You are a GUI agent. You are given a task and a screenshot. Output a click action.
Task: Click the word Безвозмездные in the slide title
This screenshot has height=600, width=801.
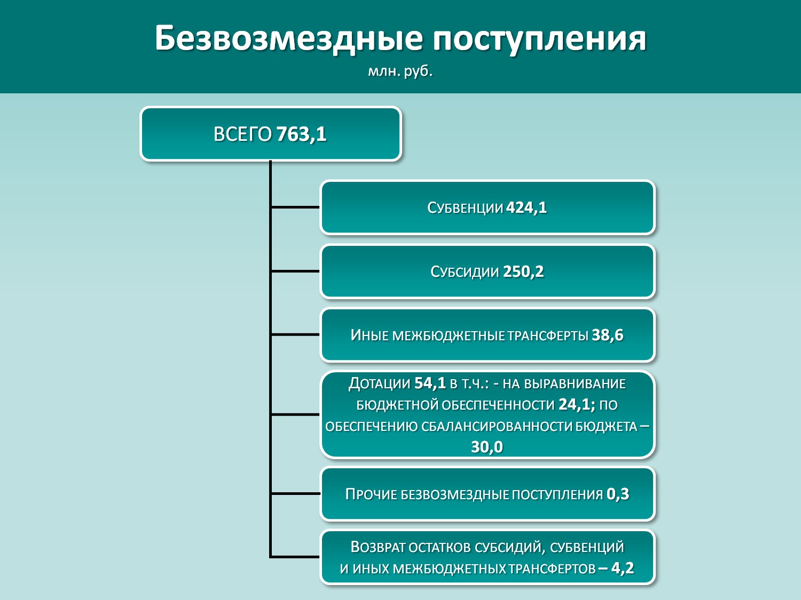289,39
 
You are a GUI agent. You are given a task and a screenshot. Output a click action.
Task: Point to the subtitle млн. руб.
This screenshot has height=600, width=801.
400,71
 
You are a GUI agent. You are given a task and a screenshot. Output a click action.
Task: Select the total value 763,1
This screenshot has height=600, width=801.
301,134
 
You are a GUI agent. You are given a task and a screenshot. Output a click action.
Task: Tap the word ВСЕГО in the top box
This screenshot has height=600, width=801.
242,134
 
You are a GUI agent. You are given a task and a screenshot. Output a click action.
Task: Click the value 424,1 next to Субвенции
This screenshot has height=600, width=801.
527,207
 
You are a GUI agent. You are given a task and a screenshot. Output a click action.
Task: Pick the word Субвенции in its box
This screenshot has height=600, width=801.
465,208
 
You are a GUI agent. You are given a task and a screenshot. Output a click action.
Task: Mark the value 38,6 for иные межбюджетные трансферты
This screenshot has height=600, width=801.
608,335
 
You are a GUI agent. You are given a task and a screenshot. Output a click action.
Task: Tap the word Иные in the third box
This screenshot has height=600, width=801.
370,335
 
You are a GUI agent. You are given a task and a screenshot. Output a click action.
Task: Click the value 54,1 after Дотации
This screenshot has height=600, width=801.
430,383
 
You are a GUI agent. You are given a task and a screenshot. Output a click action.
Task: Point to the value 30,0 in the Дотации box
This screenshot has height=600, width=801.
487,447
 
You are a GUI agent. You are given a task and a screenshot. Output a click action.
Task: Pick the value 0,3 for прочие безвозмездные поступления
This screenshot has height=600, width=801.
618,494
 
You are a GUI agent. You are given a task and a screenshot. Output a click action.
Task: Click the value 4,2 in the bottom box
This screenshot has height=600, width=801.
623,568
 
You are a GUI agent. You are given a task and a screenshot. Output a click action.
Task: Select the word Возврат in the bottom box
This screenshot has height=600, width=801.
377,547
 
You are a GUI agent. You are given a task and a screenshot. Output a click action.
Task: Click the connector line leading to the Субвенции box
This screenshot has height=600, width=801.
295,207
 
